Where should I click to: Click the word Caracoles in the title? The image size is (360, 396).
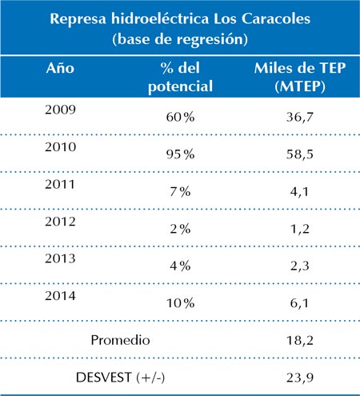click(x=276, y=19)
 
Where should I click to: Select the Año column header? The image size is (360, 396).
click(x=60, y=68)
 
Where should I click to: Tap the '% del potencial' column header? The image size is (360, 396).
click(x=180, y=77)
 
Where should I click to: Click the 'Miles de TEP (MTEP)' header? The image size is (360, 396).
click(x=300, y=77)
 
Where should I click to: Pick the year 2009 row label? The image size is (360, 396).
click(x=60, y=110)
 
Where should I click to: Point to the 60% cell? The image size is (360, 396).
click(x=180, y=117)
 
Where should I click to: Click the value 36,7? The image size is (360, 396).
click(x=300, y=118)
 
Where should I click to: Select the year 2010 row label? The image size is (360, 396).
click(x=60, y=147)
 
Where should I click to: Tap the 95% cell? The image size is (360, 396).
click(x=180, y=154)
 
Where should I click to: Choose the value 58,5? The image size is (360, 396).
click(x=300, y=154)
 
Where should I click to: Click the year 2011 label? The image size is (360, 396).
click(x=60, y=184)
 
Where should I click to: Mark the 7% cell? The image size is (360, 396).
click(x=180, y=192)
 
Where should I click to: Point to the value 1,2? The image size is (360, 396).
click(x=300, y=229)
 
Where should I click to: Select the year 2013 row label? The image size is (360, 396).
click(x=60, y=258)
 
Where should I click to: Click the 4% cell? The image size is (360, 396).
click(x=180, y=266)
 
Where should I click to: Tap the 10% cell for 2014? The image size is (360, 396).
click(x=180, y=303)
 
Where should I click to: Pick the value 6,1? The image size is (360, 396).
click(x=299, y=303)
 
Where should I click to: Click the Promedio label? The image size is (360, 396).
click(x=120, y=340)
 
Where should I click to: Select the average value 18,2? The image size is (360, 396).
click(x=300, y=341)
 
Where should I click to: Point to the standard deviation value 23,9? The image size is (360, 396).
click(x=300, y=378)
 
